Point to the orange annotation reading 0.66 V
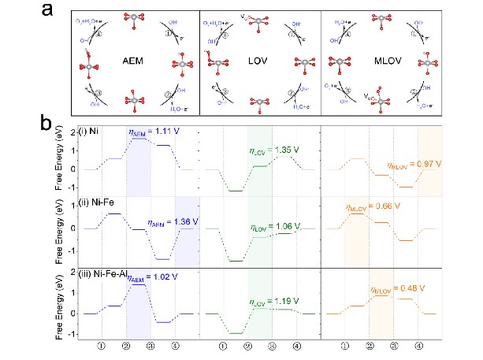click(374, 206)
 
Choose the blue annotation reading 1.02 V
click(152, 278)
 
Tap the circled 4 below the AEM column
click(175, 345)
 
